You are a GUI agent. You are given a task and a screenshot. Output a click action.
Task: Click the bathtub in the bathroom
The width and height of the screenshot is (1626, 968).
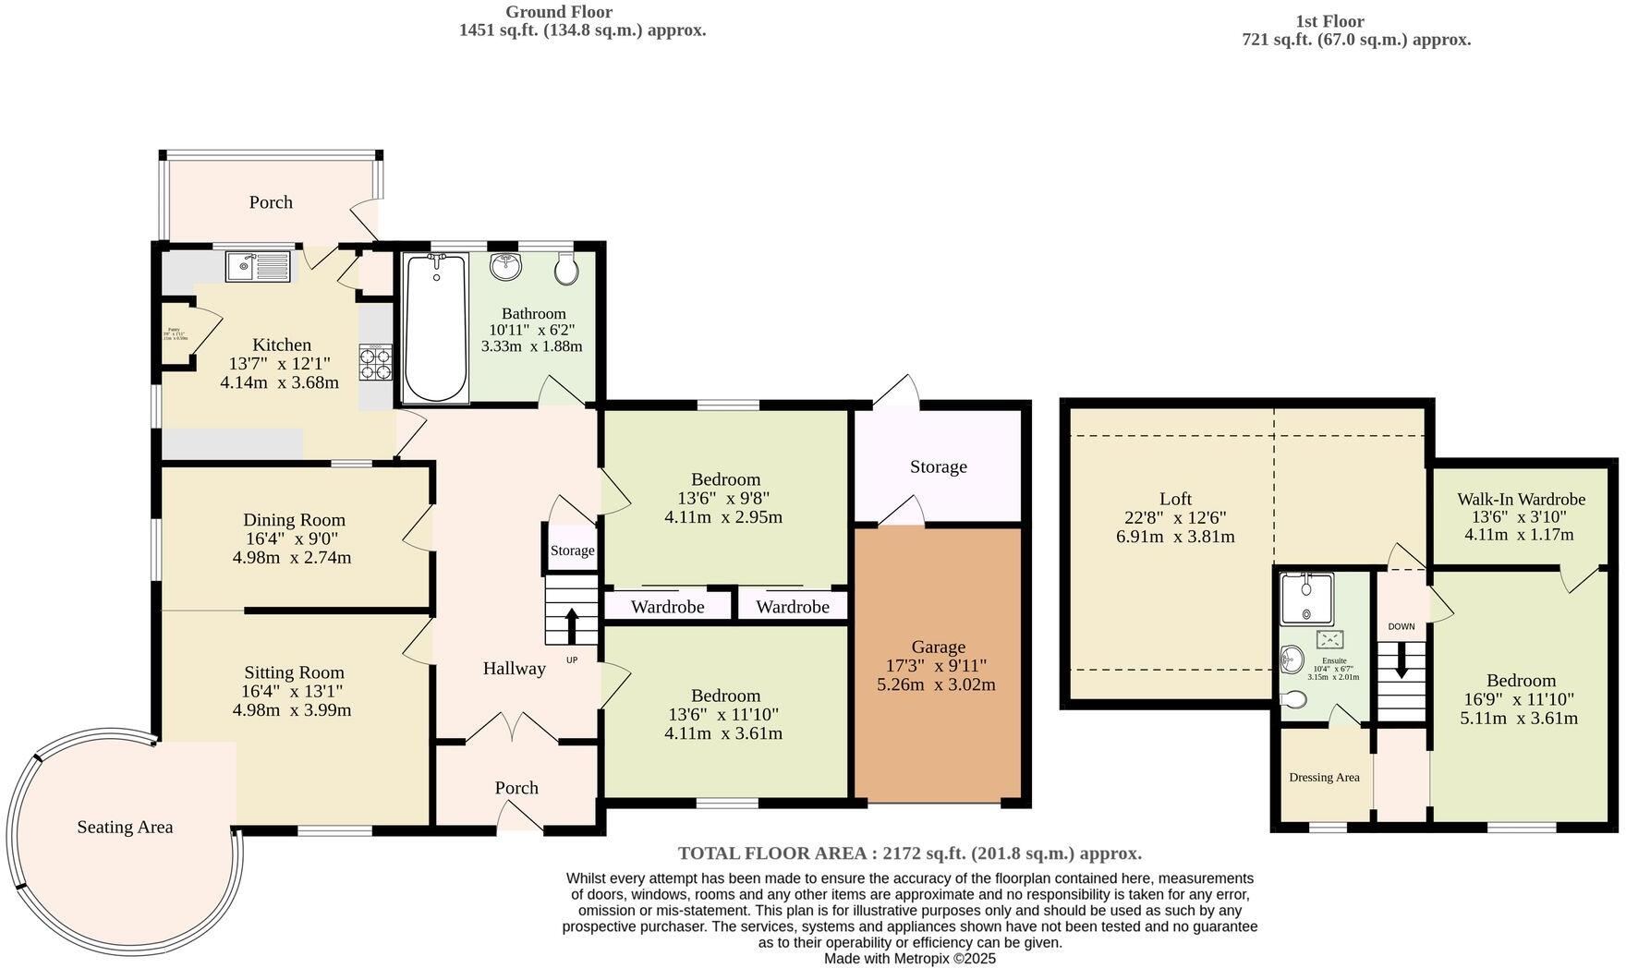435,328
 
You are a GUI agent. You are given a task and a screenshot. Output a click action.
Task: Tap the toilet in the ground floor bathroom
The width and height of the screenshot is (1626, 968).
566,270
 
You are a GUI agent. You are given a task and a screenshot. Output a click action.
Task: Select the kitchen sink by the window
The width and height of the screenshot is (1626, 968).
258,268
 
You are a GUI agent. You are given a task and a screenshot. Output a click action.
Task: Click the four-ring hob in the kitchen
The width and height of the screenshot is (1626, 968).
375,362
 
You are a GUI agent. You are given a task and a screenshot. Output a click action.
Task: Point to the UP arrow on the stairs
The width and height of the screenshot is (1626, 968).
570,625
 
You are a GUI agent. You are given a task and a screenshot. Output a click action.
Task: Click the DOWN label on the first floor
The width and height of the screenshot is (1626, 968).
1401,626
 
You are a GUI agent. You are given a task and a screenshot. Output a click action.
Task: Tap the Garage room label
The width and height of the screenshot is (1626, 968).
938,647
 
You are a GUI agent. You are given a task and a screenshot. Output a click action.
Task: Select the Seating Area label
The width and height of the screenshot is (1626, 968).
125,827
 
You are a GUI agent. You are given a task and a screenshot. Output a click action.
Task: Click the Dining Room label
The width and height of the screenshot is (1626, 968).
294,520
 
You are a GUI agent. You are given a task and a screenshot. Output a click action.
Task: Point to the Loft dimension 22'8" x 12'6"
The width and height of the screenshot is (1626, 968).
1175,517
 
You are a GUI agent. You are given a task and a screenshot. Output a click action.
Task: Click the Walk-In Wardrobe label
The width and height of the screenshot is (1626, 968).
1521,499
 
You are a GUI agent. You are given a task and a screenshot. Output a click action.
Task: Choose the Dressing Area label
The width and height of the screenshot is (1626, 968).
1324,777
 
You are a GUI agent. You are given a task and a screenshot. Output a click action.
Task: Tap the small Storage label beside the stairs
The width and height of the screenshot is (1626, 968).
572,551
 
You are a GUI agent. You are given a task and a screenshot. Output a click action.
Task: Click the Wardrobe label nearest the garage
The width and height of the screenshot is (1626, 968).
792,607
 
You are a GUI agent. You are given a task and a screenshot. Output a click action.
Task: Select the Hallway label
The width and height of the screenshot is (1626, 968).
514,668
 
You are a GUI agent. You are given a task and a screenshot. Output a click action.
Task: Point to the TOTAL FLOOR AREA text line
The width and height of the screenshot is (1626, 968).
909,853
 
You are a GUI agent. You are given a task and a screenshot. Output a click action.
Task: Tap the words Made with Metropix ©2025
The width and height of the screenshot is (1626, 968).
909,959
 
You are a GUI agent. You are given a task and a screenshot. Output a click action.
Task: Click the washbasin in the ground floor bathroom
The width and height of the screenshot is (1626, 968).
505,267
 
